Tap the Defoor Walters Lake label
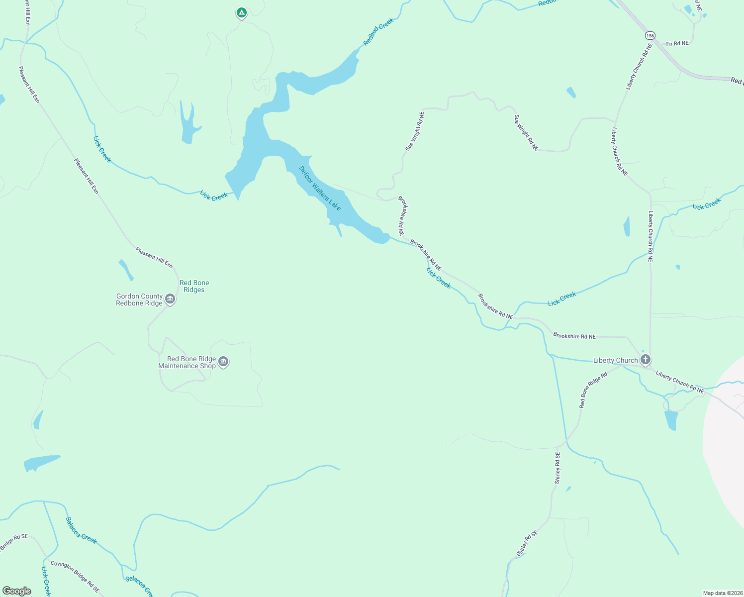[x=320, y=188]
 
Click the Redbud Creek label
[x=378, y=32]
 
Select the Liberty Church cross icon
[x=646, y=360]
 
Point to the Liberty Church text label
[x=615, y=360]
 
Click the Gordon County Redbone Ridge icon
[x=170, y=299]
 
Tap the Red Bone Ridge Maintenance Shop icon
[x=223, y=362]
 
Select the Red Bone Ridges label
[x=194, y=286]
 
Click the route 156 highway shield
[x=650, y=35]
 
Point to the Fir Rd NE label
[x=677, y=44]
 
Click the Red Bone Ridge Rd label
[x=593, y=390]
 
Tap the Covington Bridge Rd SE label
[x=75, y=577]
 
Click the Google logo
[x=17, y=591]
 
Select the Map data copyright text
[x=723, y=593]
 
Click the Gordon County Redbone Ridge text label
[x=139, y=299]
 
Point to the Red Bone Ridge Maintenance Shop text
[x=187, y=362]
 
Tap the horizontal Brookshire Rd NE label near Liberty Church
[x=574, y=336]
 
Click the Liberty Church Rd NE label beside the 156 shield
[x=639, y=67]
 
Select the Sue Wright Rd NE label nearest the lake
[x=415, y=131]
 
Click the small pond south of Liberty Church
[x=670, y=419]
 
